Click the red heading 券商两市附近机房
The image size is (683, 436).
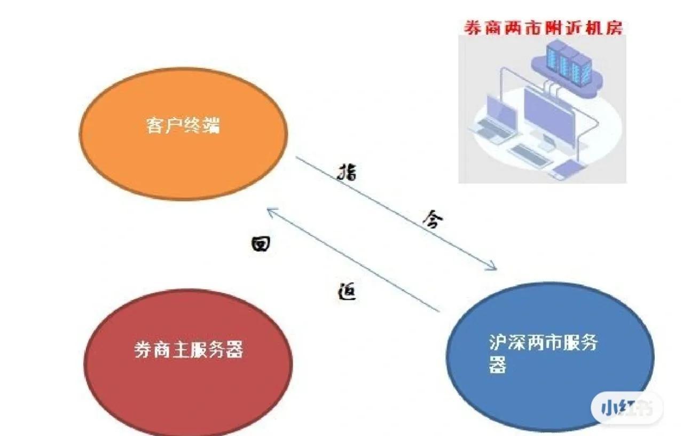tap(543, 28)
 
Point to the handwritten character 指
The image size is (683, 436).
tap(347, 173)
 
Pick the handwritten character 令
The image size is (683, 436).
tap(432, 219)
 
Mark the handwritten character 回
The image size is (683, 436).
tap(260, 244)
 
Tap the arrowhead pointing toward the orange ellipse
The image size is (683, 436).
tap(271, 212)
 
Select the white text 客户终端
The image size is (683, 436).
tap(183, 126)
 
